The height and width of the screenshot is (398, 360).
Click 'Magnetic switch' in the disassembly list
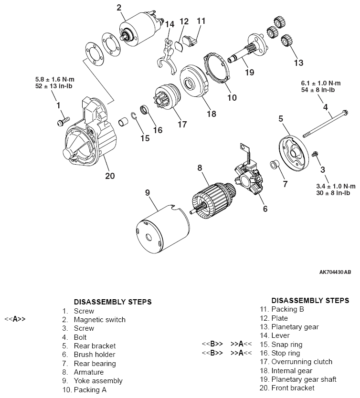coord(99,320)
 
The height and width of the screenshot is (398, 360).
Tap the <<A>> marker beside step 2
coord(15,320)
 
